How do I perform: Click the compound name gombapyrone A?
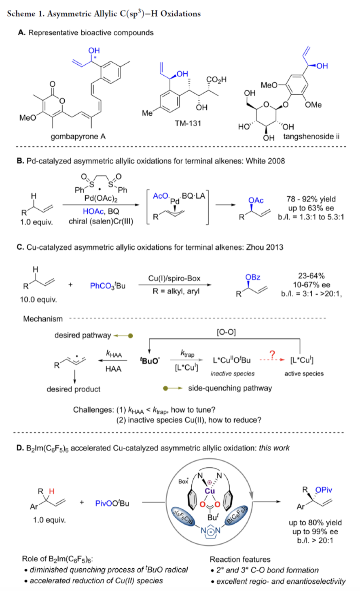click(x=78, y=137)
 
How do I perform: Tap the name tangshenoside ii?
click(x=311, y=136)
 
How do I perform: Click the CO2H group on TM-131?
click(x=216, y=80)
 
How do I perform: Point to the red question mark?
click(x=272, y=355)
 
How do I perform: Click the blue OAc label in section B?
click(x=256, y=201)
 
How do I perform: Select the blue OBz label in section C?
click(x=253, y=277)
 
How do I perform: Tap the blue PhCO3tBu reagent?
click(x=108, y=286)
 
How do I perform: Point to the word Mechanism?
click(x=43, y=319)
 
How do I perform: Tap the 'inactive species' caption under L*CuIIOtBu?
click(x=233, y=374)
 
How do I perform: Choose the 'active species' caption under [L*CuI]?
click(x=304, y=374)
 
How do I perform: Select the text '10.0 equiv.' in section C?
click(x=37, y=300)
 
